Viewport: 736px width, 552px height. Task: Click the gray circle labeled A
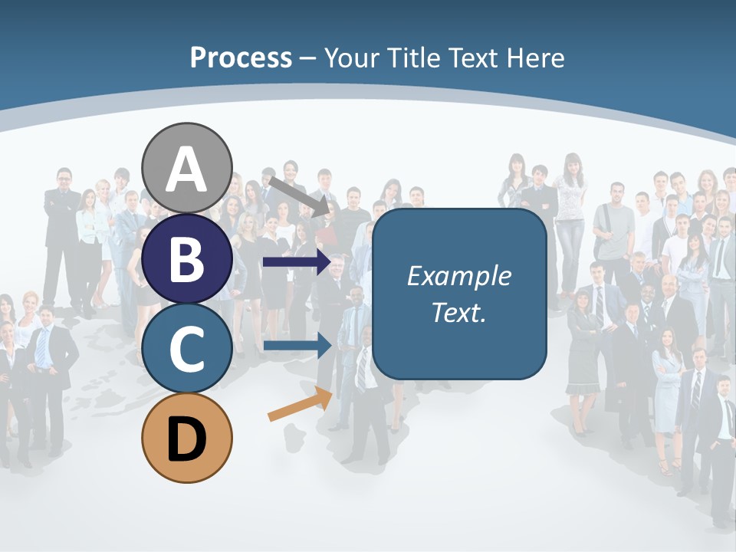point(186,168)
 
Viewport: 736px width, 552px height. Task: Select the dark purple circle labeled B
point(186,258)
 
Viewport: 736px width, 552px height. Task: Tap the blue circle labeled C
point(186,348)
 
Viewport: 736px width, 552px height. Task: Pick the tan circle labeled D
point(186,438)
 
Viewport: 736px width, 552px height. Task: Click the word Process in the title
point(241,58)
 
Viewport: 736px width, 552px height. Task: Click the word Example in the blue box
point(458,276)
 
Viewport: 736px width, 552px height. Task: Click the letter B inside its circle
point(186,259)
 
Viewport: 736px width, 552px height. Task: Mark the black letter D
point(186,439)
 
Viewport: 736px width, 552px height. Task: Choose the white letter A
point(186,169)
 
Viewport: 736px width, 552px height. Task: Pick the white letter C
point(186,349)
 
